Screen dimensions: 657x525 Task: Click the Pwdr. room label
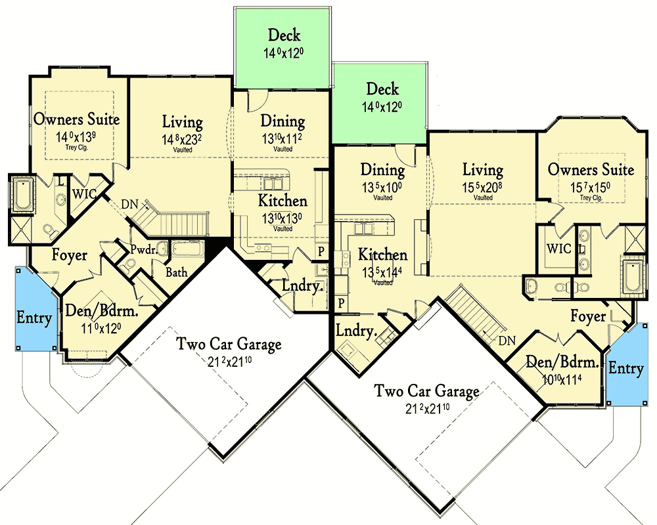[144, 249]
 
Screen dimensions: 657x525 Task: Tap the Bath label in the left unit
[176, 272]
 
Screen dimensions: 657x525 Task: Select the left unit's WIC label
[84, 194]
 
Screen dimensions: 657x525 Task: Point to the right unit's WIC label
[559, 248]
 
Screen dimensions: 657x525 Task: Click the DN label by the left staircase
[129, 204]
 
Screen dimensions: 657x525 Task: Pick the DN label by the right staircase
[507, 341]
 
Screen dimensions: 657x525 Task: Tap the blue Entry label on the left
[34, 318]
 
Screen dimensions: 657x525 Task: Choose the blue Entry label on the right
[626, 368]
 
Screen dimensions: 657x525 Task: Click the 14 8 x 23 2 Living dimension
[182, 139]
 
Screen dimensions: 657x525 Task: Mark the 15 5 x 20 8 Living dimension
[483, 188]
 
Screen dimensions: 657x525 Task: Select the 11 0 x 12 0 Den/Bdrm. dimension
[101, 328]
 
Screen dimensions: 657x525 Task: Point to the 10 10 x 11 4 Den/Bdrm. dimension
[562, 380]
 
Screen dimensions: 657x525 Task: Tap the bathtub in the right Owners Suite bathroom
[633, 277]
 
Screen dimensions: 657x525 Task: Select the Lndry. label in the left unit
[302, 286]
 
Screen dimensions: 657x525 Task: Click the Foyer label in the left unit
[70, 255]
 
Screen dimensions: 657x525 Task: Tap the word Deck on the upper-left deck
[284, 35]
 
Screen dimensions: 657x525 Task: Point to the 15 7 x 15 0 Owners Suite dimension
[591, 187]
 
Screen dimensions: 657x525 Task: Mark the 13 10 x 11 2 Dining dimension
[283, 138]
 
